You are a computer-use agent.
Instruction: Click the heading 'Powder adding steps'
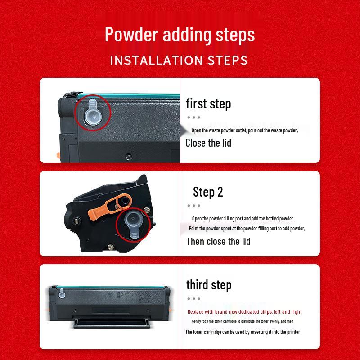180,35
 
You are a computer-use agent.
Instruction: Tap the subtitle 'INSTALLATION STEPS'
179,60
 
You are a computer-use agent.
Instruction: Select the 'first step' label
208,104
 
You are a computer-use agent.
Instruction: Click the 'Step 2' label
208,192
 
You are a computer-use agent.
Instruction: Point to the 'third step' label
209,285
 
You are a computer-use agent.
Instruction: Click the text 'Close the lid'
208,143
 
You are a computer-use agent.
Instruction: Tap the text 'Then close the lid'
218,241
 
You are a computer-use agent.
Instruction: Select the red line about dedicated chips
244,312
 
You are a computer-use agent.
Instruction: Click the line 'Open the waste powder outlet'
244,130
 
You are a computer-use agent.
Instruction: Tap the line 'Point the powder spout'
247,229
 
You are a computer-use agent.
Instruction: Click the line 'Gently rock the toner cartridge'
243,321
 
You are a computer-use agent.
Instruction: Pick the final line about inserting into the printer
243,332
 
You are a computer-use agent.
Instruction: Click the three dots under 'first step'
194,117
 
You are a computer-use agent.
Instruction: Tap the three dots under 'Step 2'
193,206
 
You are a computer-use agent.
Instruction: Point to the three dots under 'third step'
193,298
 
